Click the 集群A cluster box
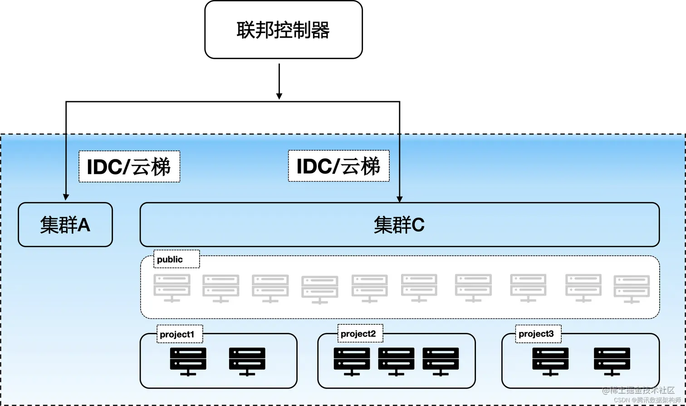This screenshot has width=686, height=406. pos(65,224)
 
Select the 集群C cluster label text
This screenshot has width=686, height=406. pos(399,225)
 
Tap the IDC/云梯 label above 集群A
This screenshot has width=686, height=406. pos(129,167)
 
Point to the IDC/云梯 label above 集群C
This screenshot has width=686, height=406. pos(339,167)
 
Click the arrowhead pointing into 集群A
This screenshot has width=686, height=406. pos(66,197)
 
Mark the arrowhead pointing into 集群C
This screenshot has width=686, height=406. pos(399,198)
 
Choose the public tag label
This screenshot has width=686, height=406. pos(170,259)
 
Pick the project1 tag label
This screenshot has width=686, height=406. pos(177,335)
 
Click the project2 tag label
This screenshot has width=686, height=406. pos(358,334)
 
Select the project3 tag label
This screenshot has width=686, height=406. pos(536,334)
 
